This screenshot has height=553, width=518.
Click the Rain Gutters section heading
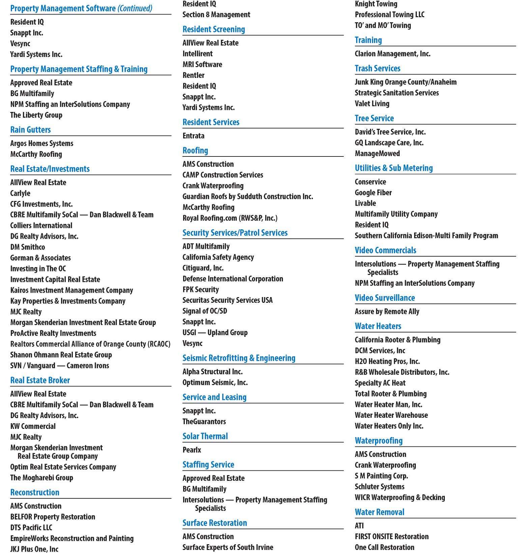[30, 130]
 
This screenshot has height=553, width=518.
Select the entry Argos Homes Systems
[41, 143]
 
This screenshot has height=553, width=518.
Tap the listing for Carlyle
[20, 193]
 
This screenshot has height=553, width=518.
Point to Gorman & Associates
[40, 258]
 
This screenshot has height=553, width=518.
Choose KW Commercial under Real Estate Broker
[33, 426]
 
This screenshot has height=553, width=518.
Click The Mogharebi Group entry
[41, 477]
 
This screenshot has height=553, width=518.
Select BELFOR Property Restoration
[53, 517]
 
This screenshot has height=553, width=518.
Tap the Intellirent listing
[198, 54]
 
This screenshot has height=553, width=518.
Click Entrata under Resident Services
[193, 136]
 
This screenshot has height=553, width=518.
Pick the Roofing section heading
[195, 150]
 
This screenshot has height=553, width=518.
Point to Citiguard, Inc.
[203, 268]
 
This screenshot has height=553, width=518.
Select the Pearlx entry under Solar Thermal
[192, 450]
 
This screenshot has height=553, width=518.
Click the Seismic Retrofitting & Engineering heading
[239, 358]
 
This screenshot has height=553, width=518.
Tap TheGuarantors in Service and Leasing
[204, 421]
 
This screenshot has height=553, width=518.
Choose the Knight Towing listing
[376, 4]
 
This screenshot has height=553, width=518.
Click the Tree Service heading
[374, 118]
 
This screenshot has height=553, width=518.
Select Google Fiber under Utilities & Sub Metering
[373, 193]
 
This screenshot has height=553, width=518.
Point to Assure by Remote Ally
[387, 312]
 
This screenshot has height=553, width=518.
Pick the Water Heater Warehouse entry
[391, 415]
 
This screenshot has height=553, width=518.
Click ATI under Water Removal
[359, 526]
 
